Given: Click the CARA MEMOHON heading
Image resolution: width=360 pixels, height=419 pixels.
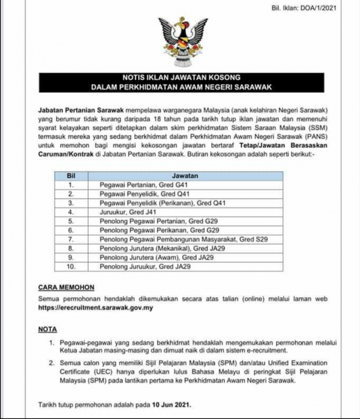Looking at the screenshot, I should point(65,288).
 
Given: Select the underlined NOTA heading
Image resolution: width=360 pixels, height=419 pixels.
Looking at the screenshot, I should point(47,330).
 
